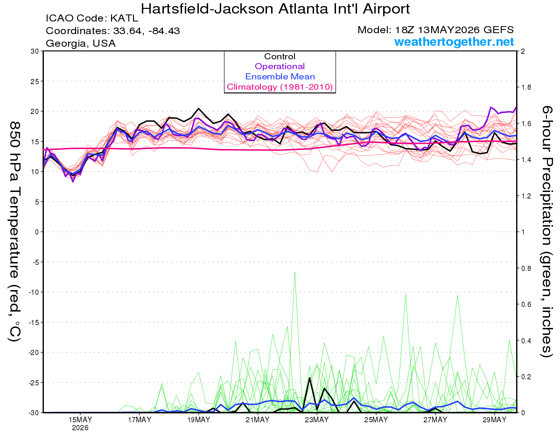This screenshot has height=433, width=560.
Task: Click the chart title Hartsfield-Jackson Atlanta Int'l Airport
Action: pos(275,9)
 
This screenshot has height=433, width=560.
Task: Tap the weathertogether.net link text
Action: pos(454,42)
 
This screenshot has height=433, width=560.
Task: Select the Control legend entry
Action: pos(280,57)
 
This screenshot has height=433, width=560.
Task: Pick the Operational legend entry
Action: pos(280,66)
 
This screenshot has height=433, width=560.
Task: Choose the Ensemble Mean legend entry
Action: pos(280,77)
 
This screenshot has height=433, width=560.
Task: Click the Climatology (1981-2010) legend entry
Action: pos(280,87)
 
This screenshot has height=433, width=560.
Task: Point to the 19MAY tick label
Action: pos(198,420)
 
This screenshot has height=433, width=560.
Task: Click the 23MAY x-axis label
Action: pos(317,420)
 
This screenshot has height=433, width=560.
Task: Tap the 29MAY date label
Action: pos(495,420)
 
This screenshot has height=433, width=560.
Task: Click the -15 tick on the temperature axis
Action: pos(34,322)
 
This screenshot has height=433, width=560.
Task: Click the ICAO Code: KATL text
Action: pos(92,18)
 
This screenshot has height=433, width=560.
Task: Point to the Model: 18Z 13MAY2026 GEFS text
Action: pos(435,30)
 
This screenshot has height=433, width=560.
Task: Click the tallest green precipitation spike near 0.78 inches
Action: pos(294,272)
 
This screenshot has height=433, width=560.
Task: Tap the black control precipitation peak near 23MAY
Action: pos(309,378)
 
